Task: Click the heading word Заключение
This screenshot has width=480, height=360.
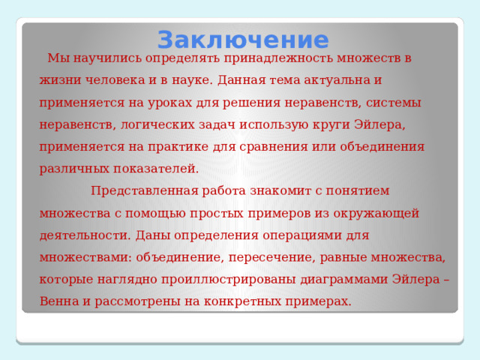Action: click(243, 40)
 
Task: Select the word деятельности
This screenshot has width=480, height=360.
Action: click(85, 235)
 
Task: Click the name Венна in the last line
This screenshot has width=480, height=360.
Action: click(59, 301)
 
